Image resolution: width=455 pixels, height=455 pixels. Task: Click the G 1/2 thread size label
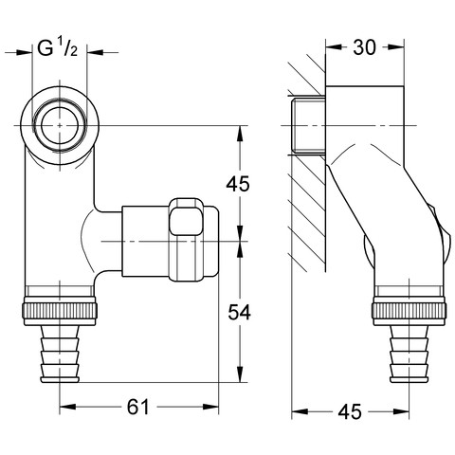[58, 48]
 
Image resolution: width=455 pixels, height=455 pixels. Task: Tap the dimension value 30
[365, 47]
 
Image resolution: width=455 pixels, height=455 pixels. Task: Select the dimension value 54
[239, 312]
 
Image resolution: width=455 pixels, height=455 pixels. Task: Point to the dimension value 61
[137, 407]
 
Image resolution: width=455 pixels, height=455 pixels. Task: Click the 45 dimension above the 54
[238, 184]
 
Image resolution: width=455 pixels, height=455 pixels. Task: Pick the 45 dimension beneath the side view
[350, 411]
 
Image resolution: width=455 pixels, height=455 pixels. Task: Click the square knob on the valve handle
[186, 221]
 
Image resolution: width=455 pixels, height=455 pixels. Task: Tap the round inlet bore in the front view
[60, 126]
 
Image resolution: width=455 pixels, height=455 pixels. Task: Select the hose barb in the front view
[60, 354]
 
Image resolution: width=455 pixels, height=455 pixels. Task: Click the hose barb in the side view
[409, 354]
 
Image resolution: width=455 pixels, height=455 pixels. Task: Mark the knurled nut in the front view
[60, 310]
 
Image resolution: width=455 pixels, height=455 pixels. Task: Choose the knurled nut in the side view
[409, 310]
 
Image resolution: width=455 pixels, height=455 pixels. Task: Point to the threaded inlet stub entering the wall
[308, 126]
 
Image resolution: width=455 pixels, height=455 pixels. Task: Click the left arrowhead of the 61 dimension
[67, 407]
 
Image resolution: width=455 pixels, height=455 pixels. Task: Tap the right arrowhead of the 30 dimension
[396, 47]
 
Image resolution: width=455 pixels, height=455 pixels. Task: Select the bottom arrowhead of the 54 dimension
[240, 374]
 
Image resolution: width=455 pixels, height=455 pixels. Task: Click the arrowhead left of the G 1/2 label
[25, 52]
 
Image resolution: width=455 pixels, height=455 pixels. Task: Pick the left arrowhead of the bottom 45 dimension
[300, 411]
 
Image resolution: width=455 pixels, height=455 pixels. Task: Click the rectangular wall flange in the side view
[365, 126]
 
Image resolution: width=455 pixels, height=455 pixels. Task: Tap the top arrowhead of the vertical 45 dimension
[240, 134]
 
